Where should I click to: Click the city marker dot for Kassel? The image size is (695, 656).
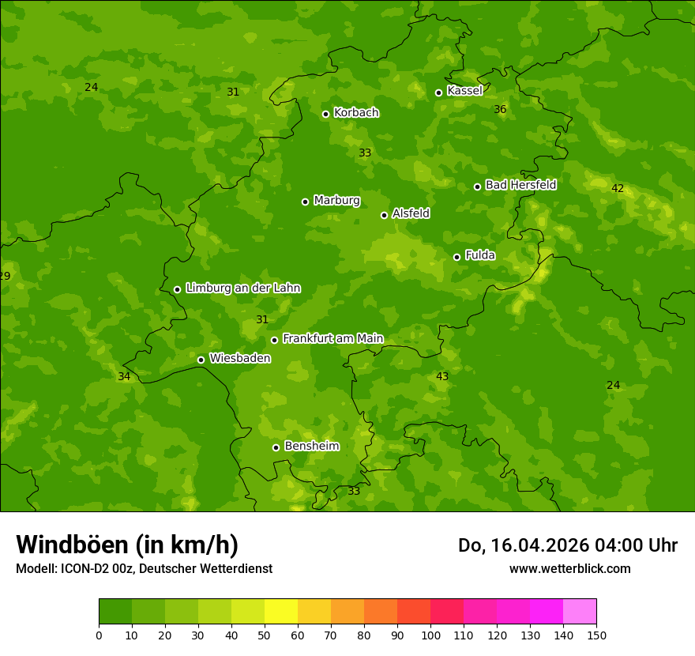click(x=439, y=92)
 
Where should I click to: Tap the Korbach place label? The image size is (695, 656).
click(x=356, y=113)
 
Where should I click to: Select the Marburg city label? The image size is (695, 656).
click(x=336, y=201)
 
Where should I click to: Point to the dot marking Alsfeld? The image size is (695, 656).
click(x=385, y=215)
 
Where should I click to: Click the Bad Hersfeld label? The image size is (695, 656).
click(x=520, y=185)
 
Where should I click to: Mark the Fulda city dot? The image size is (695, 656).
click(x=456, y=257)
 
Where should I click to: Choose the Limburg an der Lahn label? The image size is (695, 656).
click(x=243, y=288)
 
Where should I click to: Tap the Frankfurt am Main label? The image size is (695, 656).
click(x=332, y=338)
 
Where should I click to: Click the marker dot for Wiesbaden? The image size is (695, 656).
click(x=201, y=360)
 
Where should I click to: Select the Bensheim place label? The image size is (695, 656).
click(x=312, y=446)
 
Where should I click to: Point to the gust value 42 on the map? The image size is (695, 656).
click(x=618, y=189)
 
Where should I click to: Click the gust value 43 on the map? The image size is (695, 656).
click(x=442, y=377)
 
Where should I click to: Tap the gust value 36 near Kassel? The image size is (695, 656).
click(x=500, y=110)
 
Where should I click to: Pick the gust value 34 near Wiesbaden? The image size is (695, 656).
click(x=124, y=377)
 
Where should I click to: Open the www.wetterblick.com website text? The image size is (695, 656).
click(x=569, y=569)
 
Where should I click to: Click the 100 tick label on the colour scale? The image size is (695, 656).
click(x=430, y=635)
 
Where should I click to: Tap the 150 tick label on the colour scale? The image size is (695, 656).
click(x=596, y=635)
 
